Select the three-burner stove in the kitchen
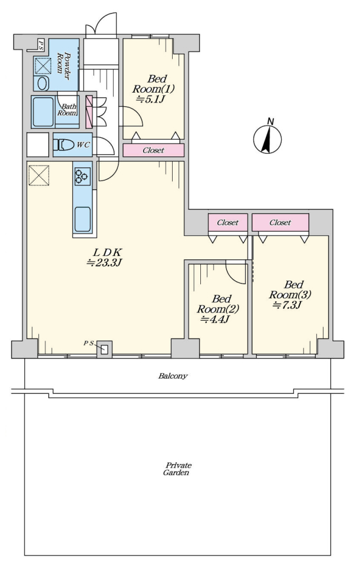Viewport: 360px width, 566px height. pos(82,176)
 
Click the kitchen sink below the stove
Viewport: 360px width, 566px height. pos(82,219)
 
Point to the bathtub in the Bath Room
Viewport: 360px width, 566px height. pos(43,111)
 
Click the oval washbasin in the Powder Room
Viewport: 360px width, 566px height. pos(42,84)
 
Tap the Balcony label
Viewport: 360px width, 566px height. pos(173,376)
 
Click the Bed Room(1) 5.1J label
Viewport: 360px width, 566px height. pos(153,89)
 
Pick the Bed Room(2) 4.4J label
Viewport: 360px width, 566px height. pos(218,309)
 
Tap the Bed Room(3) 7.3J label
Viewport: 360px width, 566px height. pos(290,295)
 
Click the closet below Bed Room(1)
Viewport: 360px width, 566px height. pos(154,150)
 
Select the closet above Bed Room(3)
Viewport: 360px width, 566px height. pos(280,222)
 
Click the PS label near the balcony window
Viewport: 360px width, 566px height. pos(89,343)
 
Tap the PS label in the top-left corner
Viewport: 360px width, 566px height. pos(41,43)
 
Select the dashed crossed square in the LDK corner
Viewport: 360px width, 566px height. pos(39,176)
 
